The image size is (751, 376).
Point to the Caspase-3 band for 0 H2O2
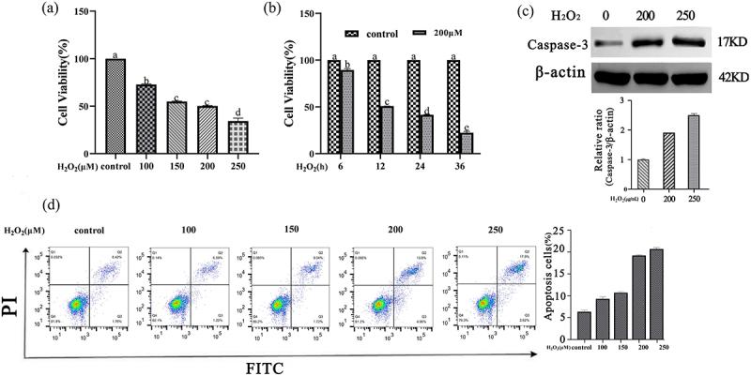click(x=613, y=43)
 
